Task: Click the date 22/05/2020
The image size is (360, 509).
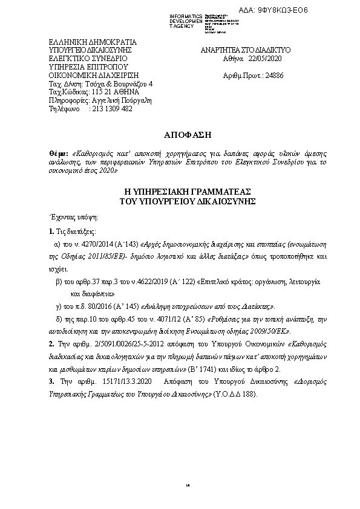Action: point(266,59)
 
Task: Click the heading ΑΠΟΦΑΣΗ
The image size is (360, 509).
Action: point(179,132)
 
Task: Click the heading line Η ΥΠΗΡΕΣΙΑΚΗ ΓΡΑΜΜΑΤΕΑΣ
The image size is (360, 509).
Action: point(180,191)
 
